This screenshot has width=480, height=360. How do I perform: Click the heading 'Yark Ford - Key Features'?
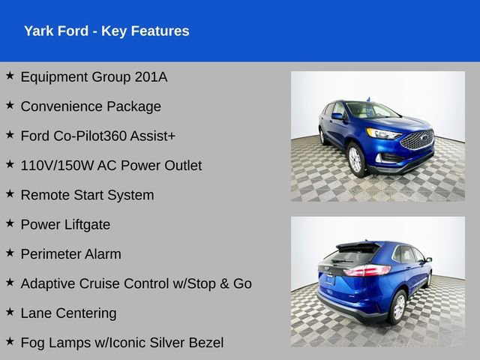click(106, 31)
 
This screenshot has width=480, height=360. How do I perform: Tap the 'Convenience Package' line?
click(91, 106)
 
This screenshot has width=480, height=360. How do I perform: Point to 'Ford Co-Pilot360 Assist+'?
click(97, 136)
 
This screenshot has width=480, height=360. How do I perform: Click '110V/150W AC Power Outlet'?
click(111, 166)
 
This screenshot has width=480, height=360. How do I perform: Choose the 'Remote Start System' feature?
click(87, 195)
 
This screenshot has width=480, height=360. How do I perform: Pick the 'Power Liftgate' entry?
click(65, 224)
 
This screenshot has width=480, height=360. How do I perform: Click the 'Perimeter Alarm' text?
click(70, 254)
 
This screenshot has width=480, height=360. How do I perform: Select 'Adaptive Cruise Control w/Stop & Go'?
click(136, 283)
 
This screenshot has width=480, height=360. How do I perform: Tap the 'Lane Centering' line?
click(68, 313)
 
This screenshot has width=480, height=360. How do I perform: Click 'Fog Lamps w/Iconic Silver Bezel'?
click(121, 343)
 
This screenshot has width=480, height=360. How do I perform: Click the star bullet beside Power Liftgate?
click(10, 223)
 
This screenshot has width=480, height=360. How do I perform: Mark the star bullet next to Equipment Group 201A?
click(10, 76)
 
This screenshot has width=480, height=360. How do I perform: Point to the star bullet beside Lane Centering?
click(10, 312)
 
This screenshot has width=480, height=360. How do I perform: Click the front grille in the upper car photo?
click(418, 140)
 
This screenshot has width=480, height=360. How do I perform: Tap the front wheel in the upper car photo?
click(356, 160)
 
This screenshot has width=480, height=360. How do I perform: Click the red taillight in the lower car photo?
click(367, 271)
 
